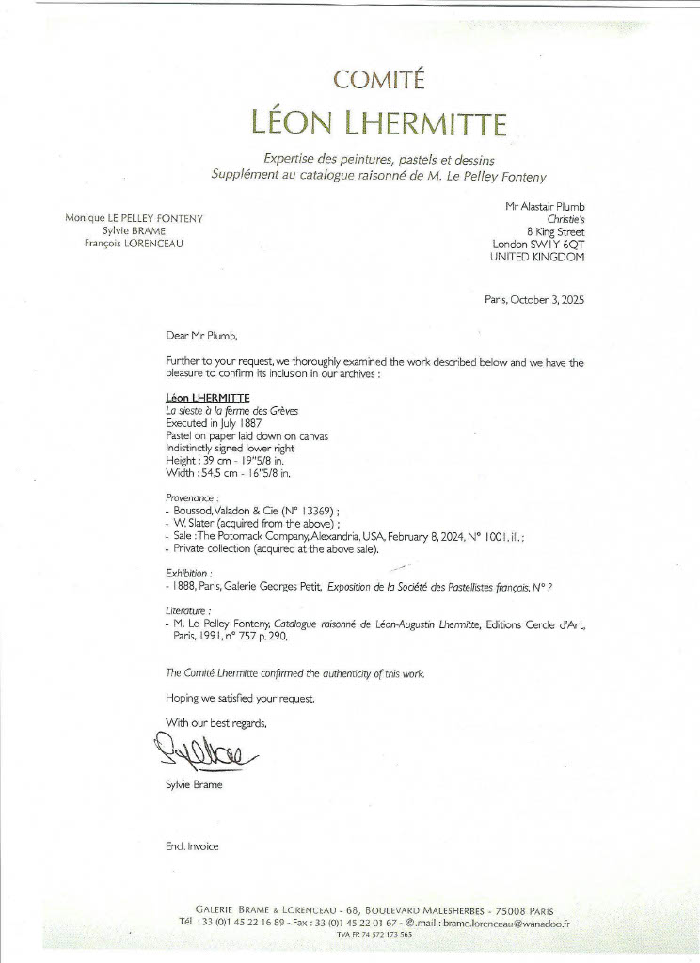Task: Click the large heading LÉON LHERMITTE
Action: click(379, 122)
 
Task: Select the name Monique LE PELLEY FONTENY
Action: click(134, 218)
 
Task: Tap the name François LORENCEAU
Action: click(134, 244)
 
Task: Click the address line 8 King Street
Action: click(556, 231)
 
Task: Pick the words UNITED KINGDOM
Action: click(537, 257)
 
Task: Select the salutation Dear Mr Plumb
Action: click(202, 335)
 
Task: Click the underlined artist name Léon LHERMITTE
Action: click(200, 398)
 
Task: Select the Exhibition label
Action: click(188, 571)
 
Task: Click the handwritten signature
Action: click(199, 752)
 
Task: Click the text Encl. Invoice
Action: click(192, 846)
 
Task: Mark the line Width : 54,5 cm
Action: click(216, 472)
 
